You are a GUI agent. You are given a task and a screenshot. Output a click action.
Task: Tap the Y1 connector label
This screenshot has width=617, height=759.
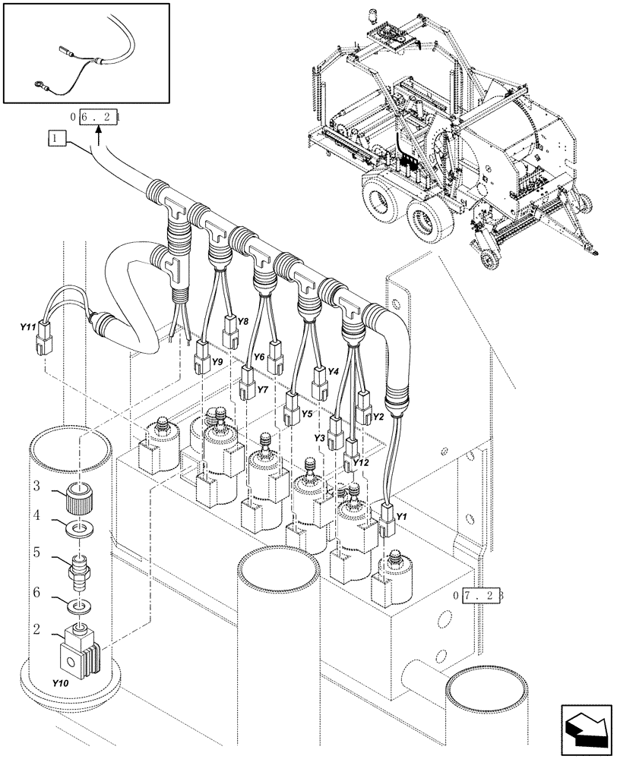(x=402, y=517)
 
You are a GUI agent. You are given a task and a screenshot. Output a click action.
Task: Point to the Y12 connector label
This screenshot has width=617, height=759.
(x=360, y=462)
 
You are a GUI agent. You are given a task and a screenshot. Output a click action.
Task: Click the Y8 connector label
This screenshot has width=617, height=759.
(x=242, y=322)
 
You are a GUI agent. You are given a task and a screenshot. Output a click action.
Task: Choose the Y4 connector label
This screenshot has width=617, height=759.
(x=332, y=371)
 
